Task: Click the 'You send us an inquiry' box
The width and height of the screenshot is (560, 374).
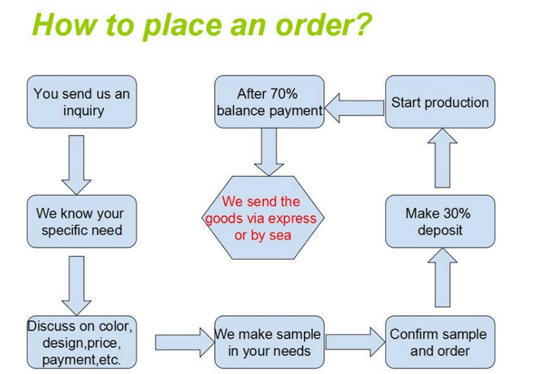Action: [x=82, y=102]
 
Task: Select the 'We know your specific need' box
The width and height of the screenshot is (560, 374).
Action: [x=82, y=222]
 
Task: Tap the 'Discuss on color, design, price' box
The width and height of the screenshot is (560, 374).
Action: [x=82, y=342]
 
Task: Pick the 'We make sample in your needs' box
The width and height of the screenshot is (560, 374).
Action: [x=269, y=342]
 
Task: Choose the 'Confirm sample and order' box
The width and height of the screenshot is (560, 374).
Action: [x=440, y=342]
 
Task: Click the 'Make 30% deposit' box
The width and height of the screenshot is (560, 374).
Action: [x=440, y=222]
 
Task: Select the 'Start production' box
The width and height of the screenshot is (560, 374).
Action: [x=440, y=102]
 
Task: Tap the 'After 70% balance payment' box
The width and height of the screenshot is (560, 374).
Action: [x=269, y=102]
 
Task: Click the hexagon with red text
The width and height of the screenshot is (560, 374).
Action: [x=263, y=217]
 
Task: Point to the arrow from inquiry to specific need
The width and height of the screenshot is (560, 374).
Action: [x=76, y=165]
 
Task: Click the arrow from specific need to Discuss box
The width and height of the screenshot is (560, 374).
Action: [x=76, y=285]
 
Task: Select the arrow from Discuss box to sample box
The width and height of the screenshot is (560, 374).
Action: [x=185, y=342]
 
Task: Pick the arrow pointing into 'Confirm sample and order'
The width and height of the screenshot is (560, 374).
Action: [x=355, y=342]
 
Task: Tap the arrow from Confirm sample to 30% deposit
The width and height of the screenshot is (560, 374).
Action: [x=443, y=277]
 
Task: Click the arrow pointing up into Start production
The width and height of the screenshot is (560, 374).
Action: [x=443, y=158]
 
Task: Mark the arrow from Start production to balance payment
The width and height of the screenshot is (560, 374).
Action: [x=355, y=108]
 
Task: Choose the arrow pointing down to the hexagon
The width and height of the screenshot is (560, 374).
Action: [x=269, y=152]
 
